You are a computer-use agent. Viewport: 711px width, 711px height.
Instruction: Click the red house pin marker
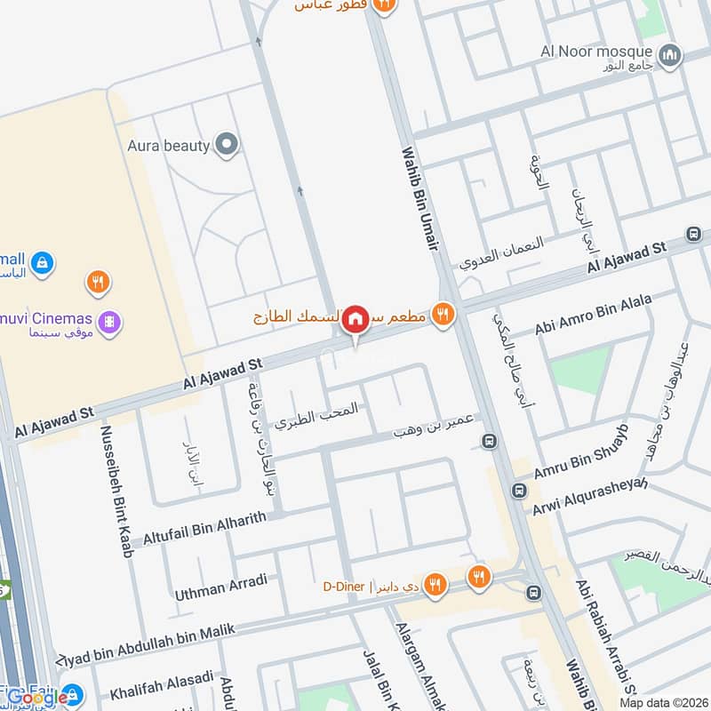click(355, 318)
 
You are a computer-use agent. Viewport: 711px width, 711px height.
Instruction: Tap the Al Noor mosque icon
click(673, 56)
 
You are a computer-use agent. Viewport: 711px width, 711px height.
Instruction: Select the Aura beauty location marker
click(228, 145)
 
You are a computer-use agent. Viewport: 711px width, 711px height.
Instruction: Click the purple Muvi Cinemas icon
click(109, 319)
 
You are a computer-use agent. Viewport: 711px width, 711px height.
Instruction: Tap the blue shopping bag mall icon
click(41, 263)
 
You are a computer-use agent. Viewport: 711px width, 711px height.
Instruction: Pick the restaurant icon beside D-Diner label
click(435, 584)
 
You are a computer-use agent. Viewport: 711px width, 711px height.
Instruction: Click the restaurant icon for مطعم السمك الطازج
click(443, 313)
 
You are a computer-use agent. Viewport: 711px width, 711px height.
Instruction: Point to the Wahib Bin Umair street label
click(421, 197)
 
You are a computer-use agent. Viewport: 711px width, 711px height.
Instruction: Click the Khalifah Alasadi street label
click(161, 684)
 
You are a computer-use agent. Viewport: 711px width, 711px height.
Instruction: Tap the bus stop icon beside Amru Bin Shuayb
click(520, 490)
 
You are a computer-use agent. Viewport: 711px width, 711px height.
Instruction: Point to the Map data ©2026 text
click(662, 702)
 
